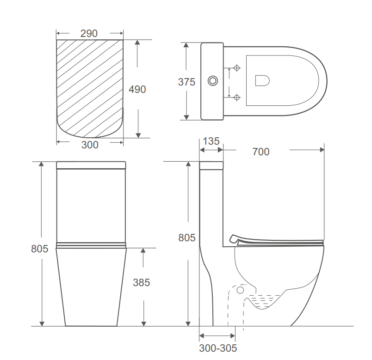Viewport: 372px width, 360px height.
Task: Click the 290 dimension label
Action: (x=89, y=33)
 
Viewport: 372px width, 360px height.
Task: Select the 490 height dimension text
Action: (x=137, y=89)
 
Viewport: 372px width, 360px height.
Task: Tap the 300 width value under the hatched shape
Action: (x=90, y=145)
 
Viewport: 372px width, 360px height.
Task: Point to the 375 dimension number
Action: (x=186, y=82)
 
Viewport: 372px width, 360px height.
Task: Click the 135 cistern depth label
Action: (x=211, y=141)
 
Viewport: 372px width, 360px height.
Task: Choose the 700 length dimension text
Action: (x=261, y=152)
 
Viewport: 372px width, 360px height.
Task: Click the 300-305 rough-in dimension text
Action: (x=218, y=348)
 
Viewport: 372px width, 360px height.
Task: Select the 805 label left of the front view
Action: (x=40, y=249)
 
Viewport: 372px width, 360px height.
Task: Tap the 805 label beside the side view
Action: (x=187, y=238)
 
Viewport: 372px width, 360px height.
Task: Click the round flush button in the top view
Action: (x=213, y=81)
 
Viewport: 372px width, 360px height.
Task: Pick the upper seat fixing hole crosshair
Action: (x=237, y=68)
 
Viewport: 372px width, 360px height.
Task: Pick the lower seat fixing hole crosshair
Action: (x=237, y=97)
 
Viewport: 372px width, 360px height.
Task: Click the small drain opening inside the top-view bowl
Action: (x=262, y=81)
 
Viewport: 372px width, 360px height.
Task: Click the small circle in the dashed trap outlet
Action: (x=240, y=290)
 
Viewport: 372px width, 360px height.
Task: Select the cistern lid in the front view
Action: (x=91, y=165)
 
